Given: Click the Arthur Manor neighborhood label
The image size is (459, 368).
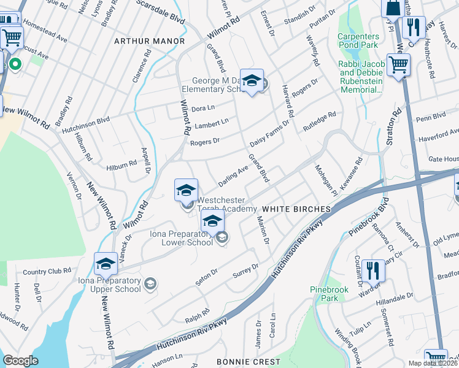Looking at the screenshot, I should [149, 41].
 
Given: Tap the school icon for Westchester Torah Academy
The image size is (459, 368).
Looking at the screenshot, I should [186, 190].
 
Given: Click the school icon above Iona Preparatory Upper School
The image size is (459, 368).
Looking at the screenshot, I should [106, 264].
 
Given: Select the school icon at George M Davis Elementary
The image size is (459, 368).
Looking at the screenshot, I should [251, 81].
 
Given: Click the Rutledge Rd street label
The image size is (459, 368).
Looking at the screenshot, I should [320, 122].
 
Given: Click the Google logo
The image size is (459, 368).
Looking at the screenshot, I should [20, 361].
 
